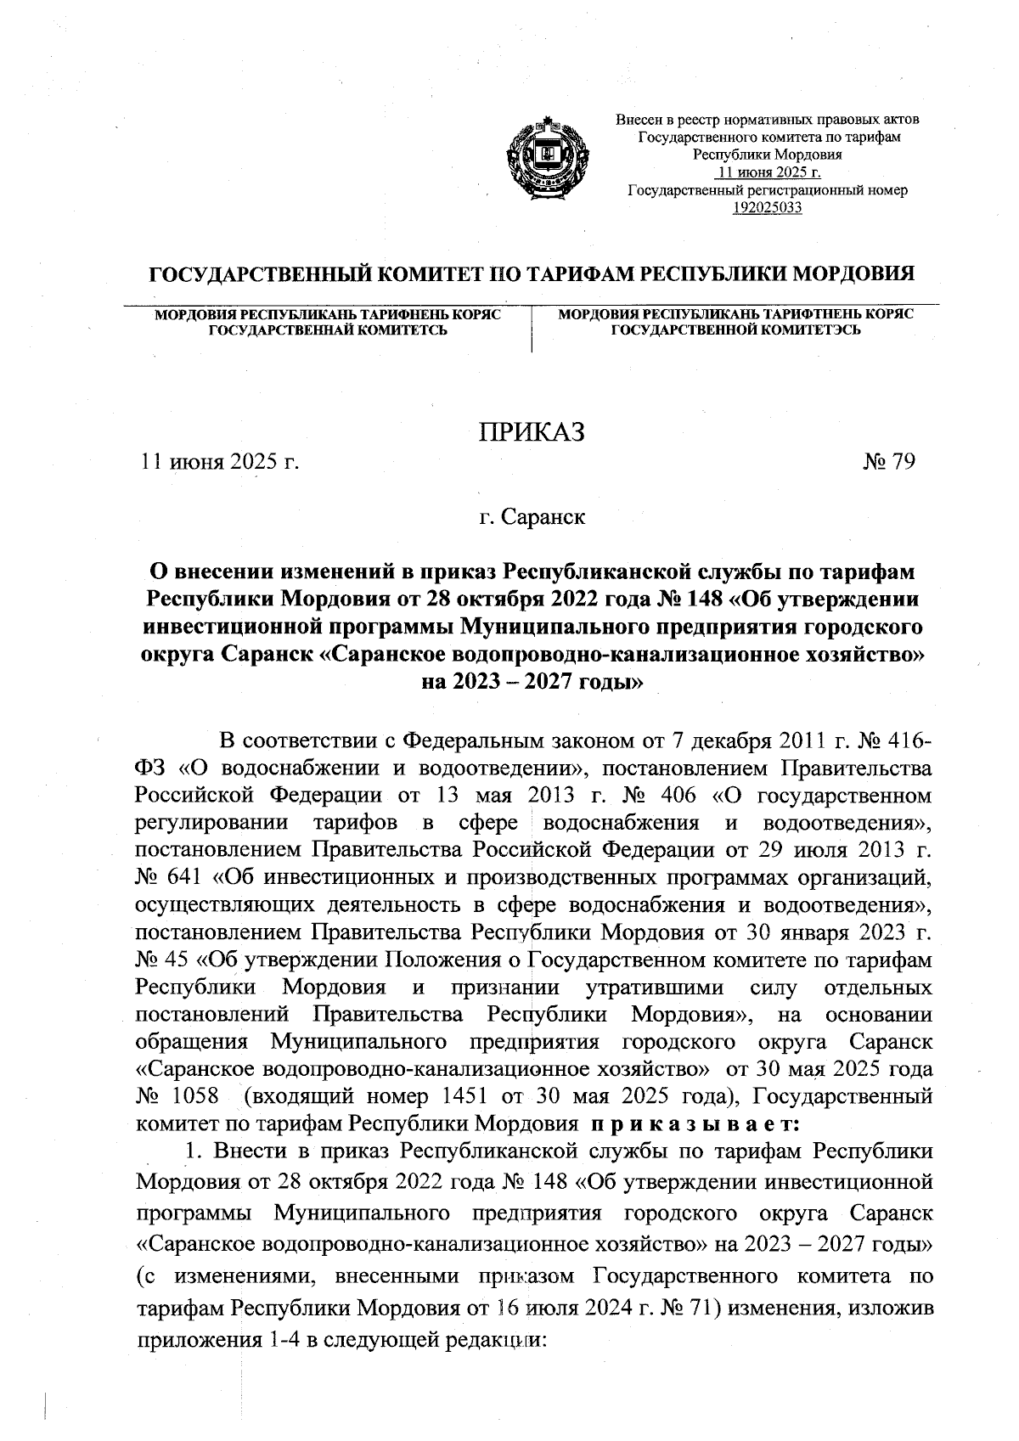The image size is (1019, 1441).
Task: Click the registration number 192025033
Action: tap(767, 207)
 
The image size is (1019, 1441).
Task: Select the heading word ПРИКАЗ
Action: tap(532, 432)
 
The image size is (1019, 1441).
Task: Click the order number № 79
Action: tap(888, 462)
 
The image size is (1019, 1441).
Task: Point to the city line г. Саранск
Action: tap(532, 516)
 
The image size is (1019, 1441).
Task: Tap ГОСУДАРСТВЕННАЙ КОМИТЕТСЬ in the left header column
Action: tap(328, 329)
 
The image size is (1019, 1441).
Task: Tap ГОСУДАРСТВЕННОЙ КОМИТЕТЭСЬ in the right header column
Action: tap(736, 329)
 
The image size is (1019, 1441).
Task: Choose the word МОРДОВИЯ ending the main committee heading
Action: tap(849, 275)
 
